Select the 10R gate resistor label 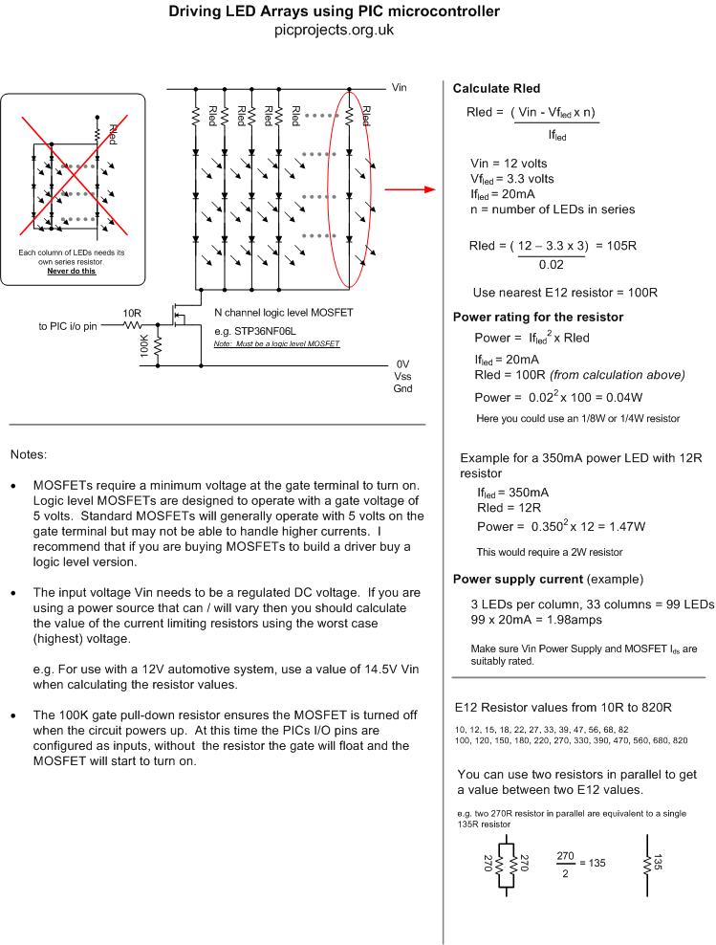pos(131,313)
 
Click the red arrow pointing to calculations pos(409,189)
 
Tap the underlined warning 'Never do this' pos(72,272)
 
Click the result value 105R pos(620,246)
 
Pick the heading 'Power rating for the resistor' pos(538,318)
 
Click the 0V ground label pos(402,364)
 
